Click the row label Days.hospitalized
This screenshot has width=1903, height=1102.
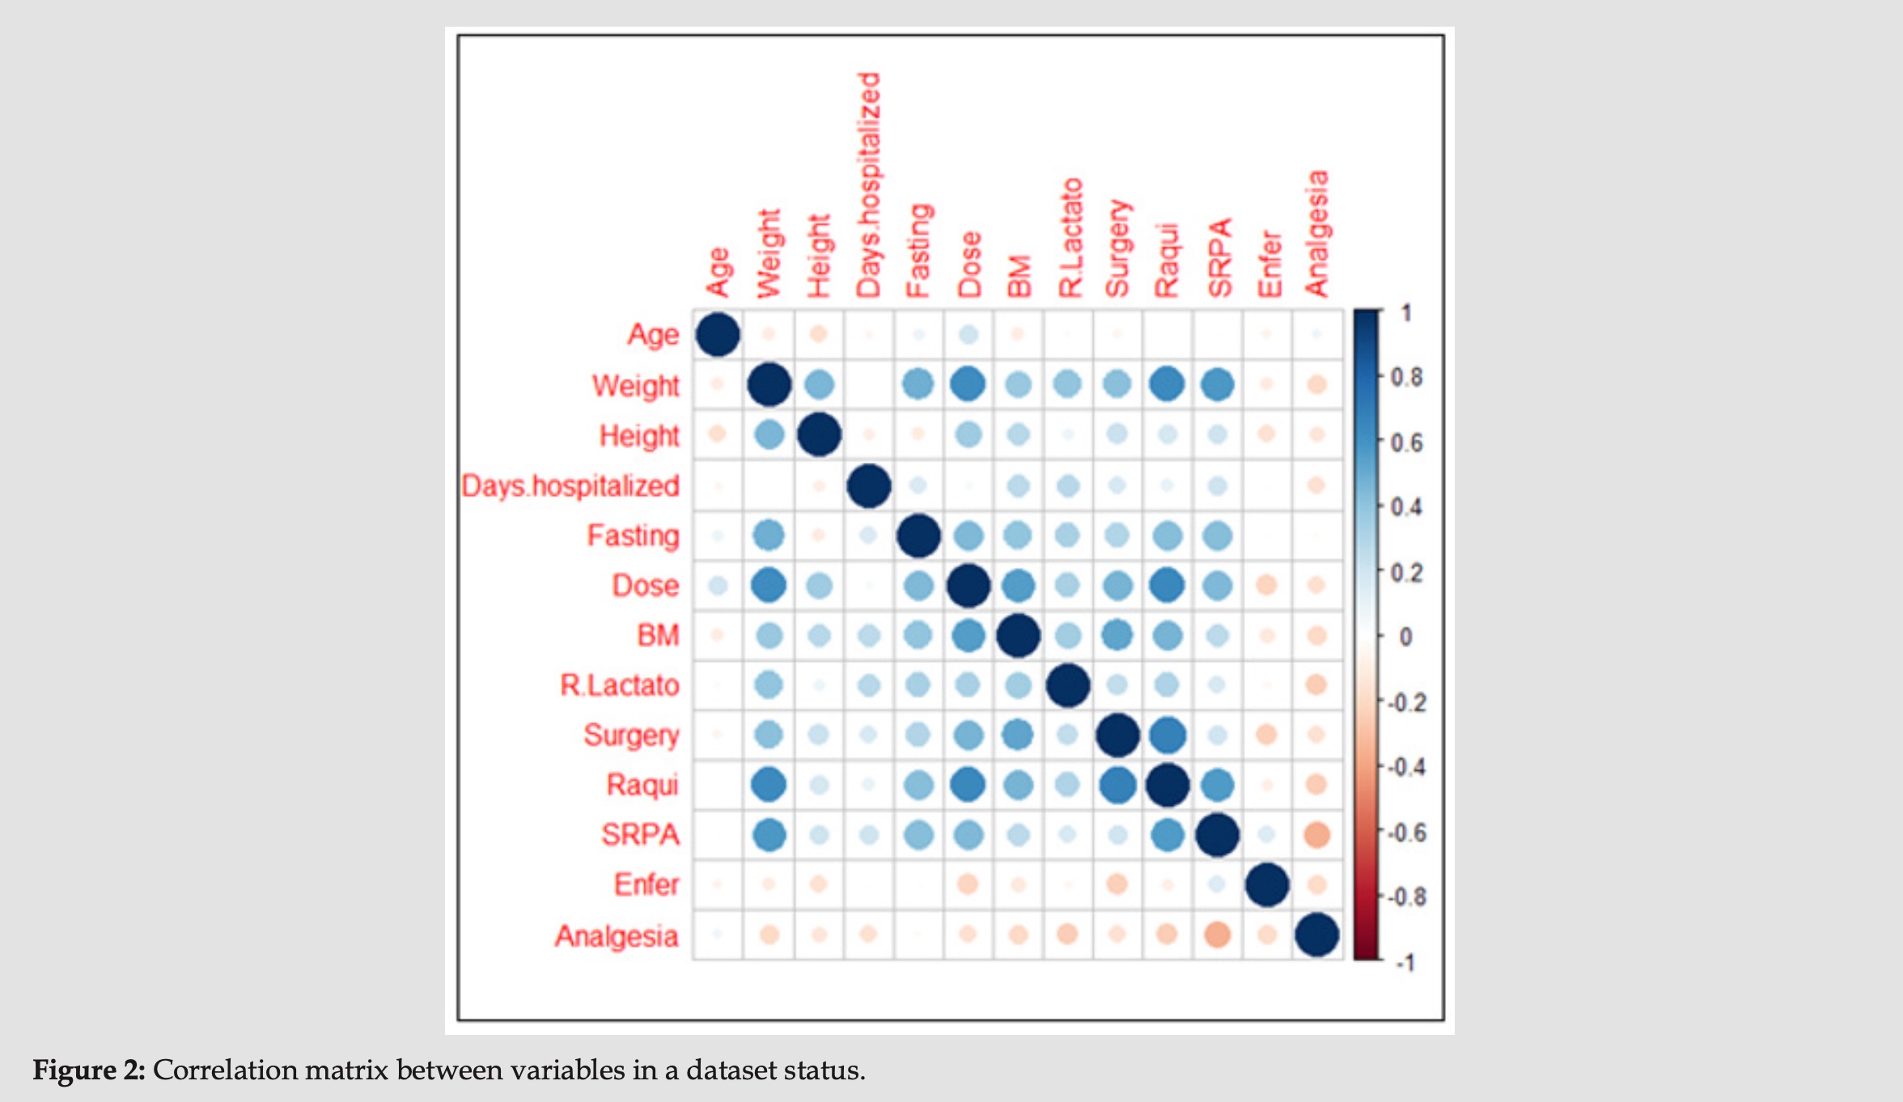(x=570, y=485)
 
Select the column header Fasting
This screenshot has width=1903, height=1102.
(x=918, y=251)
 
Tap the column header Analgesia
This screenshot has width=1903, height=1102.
(x=1316, y=234)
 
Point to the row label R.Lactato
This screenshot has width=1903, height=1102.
(x=620, y=685)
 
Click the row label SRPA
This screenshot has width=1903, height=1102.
(x=640, y=834)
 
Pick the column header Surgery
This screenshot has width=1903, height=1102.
(x=1117, y=248)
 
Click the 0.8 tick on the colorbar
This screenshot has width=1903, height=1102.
(x=1406, y=377)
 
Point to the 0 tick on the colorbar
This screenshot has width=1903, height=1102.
(x=1406, y=637)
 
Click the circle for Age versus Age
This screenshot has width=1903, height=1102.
(x=718, y=334)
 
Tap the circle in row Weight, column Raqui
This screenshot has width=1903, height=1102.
(x=1167, y=384)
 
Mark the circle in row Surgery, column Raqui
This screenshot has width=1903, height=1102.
(x=1167, y=735)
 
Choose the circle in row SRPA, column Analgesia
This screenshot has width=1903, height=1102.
(x=1316, y=834)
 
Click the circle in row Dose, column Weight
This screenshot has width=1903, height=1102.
(x=769, y=585)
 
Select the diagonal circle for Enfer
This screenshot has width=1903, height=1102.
(x=1267, y=884)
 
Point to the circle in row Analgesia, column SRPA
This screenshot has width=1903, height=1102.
(x=1217, y=935)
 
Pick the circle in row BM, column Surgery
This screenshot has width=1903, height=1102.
(x=1117, y=635)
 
